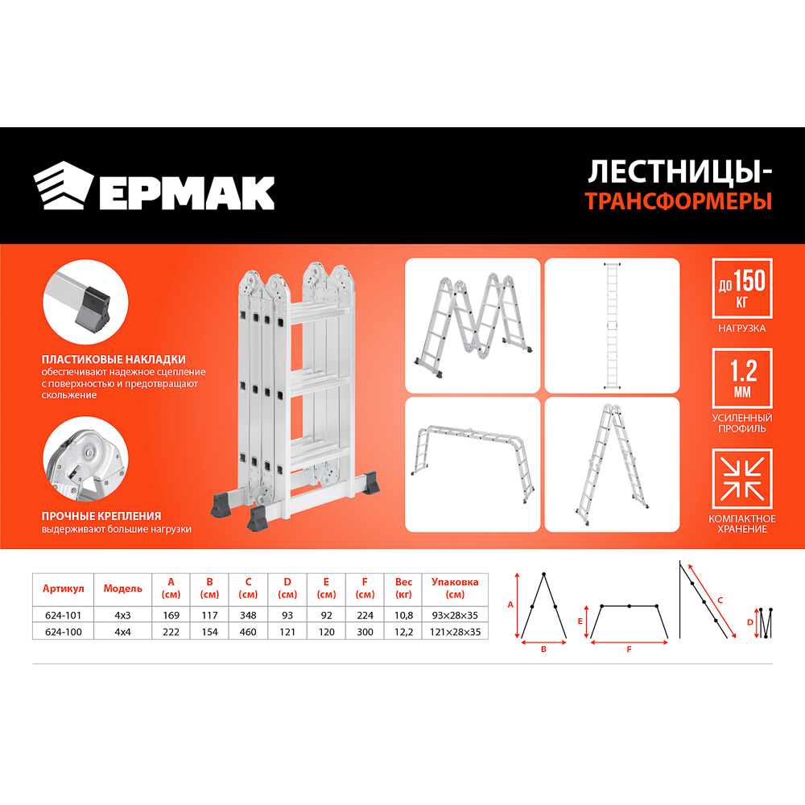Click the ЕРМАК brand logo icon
click(64, 186)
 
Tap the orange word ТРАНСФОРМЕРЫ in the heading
click(679, 201)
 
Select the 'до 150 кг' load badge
click(741, 287)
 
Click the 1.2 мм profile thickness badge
click(741, 378)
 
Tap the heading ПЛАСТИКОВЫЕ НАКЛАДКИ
click(114, 359)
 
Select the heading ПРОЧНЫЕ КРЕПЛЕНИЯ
click(102, 516)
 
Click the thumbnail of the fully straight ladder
click(613, 325)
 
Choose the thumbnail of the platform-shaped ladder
click(473, 464)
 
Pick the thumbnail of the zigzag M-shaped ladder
click(473, 325)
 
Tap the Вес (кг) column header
click(403, 588)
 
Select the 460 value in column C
click(248, 632)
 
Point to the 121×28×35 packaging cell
click(455, 632)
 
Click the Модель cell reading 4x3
click(122, 614)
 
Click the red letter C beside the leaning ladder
click(720, 600)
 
